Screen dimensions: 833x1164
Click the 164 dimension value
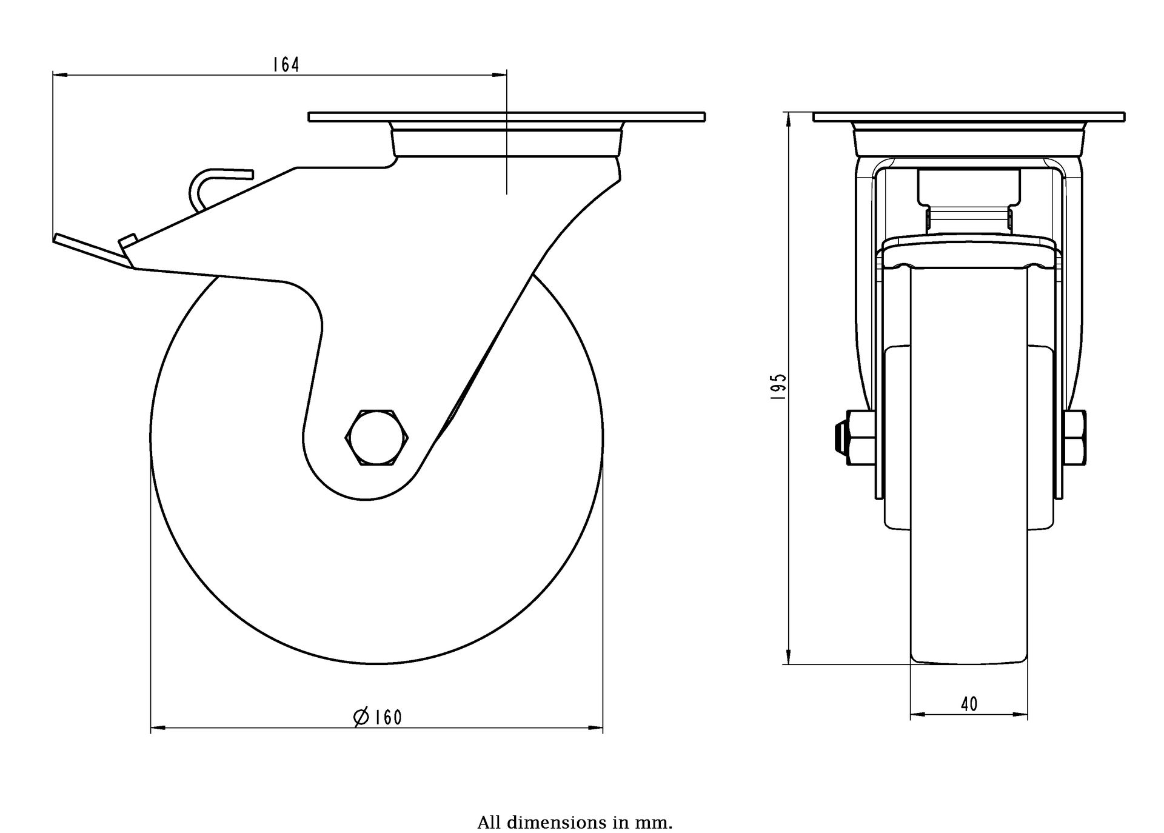coord(286,64)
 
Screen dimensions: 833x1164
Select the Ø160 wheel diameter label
coord(378,717)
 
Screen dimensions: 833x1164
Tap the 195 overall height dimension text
coord(778,386)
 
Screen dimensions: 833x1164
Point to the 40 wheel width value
coord(969,704)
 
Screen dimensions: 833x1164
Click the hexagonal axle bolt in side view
coord(376,437)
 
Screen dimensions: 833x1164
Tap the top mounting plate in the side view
coord(506,116)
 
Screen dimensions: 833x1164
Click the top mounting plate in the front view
coord(968,116)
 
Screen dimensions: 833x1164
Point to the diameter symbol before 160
coord(361,717)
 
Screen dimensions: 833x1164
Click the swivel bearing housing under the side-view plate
coord(506,141)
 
